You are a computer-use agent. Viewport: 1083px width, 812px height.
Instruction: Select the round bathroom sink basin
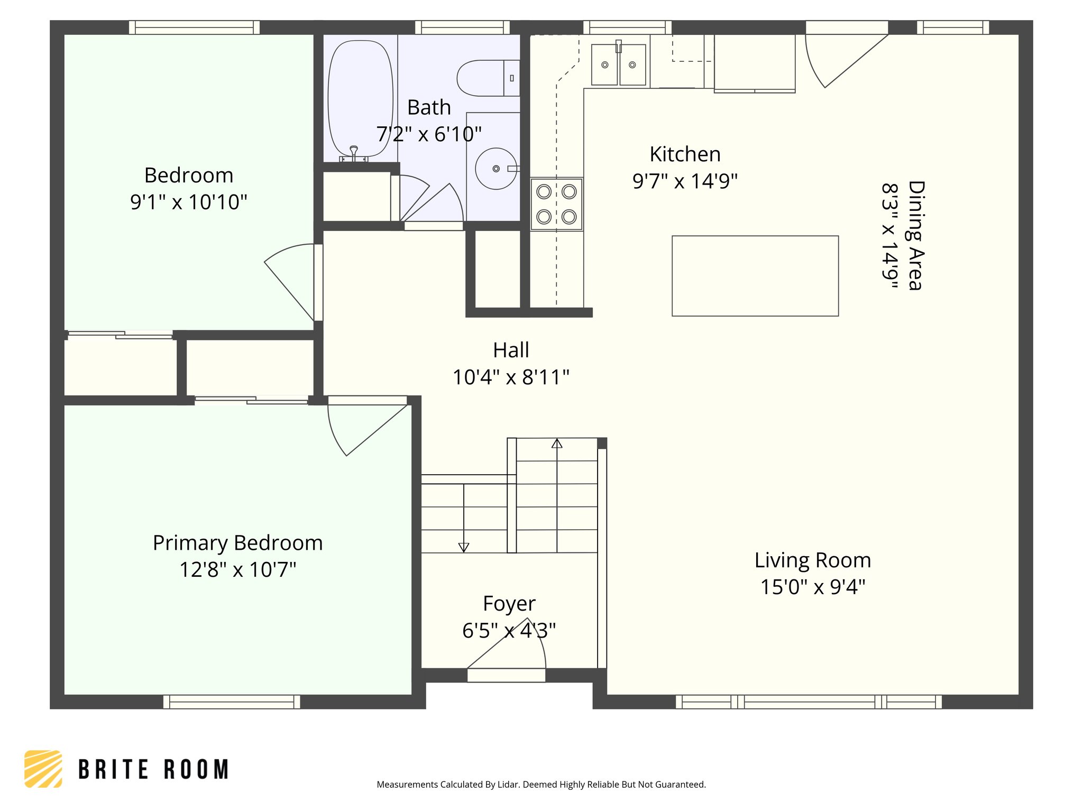tap(495, 169)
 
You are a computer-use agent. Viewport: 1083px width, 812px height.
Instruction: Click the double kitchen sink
tap(618, 65)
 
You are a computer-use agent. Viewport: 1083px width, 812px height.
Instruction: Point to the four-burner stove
tap(557, 204)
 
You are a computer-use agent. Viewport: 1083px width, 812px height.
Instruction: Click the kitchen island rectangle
tap(755, 276)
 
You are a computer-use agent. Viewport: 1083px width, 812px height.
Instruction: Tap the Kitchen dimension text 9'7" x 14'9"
tap(685, 181)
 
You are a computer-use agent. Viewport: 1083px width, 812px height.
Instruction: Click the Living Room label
tap(812, 560)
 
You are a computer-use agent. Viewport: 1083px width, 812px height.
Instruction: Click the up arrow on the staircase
tap(557, 444)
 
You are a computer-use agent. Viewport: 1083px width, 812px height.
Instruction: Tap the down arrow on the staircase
tap(464, 547)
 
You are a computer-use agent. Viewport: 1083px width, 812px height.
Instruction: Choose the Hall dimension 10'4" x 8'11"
tap(511, 377)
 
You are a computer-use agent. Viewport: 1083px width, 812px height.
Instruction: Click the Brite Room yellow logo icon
tap(43, 769)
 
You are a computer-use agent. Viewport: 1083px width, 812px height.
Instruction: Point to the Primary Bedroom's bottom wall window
tap(232, 702)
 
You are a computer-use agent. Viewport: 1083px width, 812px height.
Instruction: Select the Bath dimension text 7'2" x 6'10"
tap(429, 134)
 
